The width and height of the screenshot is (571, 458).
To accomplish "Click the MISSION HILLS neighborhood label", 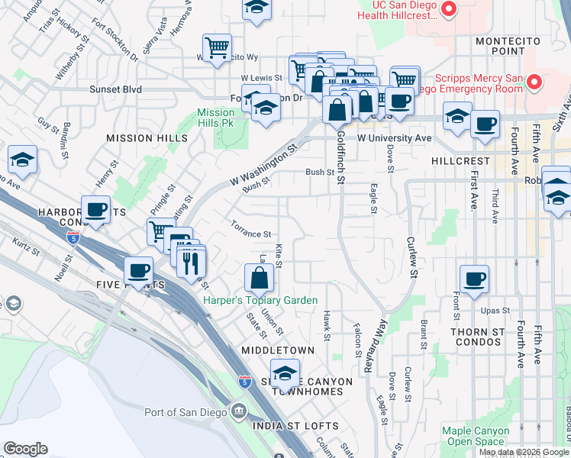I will coord(147,138).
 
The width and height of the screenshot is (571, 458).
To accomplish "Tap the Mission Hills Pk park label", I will coord(215,118).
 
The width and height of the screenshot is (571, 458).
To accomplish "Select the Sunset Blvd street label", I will coord(116,89).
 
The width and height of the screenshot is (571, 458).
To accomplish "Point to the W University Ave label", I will coord(394,138).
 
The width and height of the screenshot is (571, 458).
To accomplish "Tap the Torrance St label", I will coord(251,229).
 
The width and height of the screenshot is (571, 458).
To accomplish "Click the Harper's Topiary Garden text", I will coord(260,300).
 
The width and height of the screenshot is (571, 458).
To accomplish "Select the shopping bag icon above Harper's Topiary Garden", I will coord(260,278).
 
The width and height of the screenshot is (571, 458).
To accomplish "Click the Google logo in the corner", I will coord(26,449).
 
